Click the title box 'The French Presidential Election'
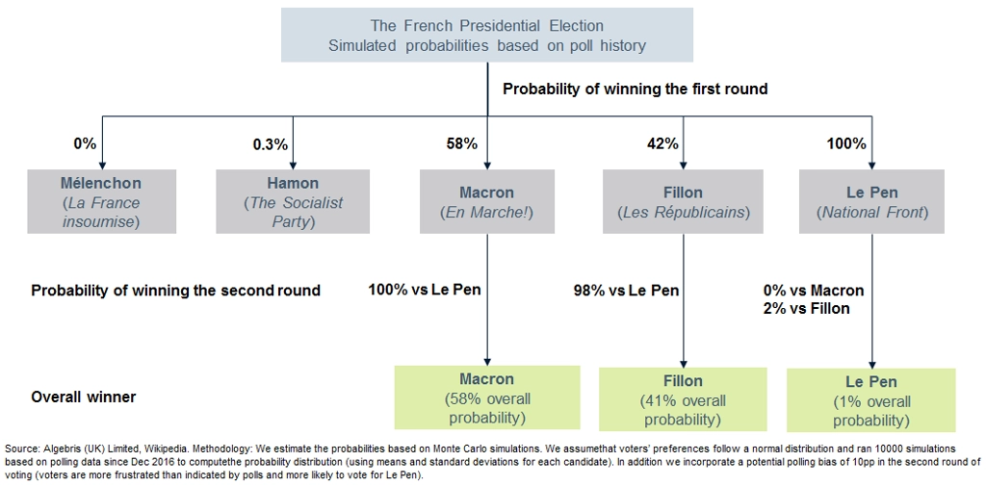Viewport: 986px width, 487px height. pyautogui.click(x=486, y=35)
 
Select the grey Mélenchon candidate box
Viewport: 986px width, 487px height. pyautogui.click(x=101, y=202)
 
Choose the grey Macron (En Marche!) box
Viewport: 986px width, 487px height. pyautogui.click(x=486, y=202)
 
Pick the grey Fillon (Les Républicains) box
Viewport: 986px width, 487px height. pyautogui.click(x=684, y=202)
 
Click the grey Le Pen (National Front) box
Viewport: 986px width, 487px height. pyautogui.click(x=871, y=202)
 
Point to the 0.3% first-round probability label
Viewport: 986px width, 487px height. pyautogui.click(x=270, y=144)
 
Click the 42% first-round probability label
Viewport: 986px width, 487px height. pyautogui.click(x=662, y=144)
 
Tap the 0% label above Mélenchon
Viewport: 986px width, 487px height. pyautogui.click(x=84, y=144)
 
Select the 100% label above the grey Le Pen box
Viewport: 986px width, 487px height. pyautogui.click(x=846, y=144)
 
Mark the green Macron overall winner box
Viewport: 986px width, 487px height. pyautogui.click(x=486, y=397)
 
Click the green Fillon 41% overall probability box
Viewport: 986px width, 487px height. pyautogui.click(x=683, y=399)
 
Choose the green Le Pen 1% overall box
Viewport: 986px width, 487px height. pyautogui.click(x=870, y=399)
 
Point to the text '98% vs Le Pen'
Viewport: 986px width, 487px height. pyautogui.click(x=626, y=291)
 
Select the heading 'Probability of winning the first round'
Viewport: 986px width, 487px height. pyautogui.click(x=636, y=90)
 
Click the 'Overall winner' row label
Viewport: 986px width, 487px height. pyautogui.click(x=84, y=397)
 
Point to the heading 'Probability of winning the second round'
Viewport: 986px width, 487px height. pyautogui.click(x=176, y=291)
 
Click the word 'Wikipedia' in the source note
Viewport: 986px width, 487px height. pyautogui.click(x=144, y=449)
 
